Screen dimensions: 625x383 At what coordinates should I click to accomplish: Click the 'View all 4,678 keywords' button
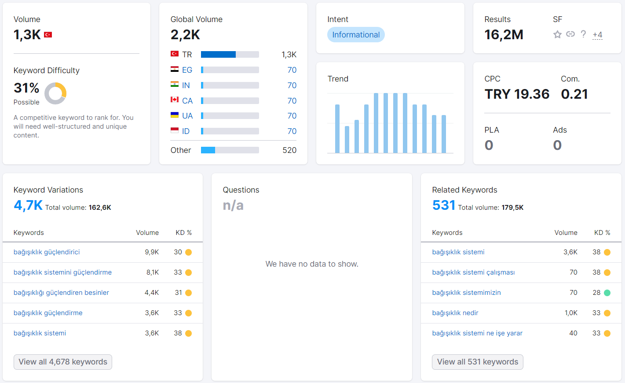[63, 362]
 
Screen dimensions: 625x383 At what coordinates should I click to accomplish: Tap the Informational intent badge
[356, 35]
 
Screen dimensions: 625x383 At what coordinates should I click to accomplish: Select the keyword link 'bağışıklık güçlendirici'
[47, 252]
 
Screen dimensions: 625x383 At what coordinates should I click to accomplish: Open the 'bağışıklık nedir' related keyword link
[455, 312]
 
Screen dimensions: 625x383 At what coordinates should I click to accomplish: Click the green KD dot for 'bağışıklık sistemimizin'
[607, 293]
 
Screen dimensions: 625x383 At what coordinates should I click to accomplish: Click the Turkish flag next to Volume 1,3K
[48, 35]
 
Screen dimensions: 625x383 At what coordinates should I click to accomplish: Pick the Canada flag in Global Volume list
[175, 100]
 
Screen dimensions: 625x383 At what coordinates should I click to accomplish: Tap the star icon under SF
[557, 34]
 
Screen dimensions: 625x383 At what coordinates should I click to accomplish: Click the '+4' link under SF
[597, 35]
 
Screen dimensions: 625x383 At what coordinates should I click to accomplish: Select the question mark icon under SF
[583, 34]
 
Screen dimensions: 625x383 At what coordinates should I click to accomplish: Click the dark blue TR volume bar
[218, 54]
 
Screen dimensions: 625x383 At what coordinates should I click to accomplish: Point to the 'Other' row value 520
[289, 150]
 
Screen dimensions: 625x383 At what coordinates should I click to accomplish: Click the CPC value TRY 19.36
[517, 94]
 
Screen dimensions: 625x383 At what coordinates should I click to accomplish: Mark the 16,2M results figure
[504, 35]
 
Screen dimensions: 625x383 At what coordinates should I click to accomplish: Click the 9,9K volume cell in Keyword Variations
[152, 252]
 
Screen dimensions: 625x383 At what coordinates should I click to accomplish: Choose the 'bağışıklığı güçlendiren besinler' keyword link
[61, 292]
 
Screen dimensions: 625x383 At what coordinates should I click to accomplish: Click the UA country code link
[187, 116]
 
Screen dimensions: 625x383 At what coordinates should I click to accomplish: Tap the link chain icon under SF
[570, 34]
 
